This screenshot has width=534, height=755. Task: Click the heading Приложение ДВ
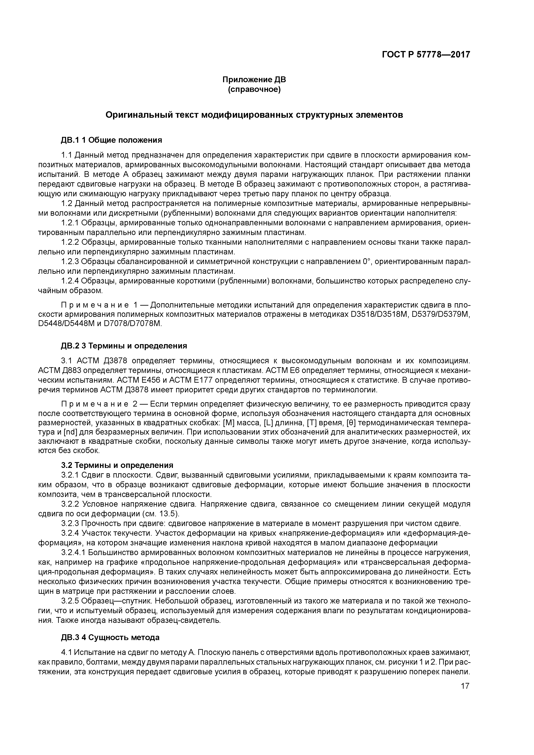click(x=254, y=80)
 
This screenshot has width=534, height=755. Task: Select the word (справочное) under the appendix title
click(x=254, y=90)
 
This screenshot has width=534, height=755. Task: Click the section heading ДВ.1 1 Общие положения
click(x=111, y=140)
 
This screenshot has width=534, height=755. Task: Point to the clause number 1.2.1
click(x=70, y=223)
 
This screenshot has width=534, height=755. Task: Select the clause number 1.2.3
click(x=70, y=262)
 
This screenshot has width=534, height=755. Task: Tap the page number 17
click(x=465, y=686)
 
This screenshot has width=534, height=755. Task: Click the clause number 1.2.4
click(x=70, y=281)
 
